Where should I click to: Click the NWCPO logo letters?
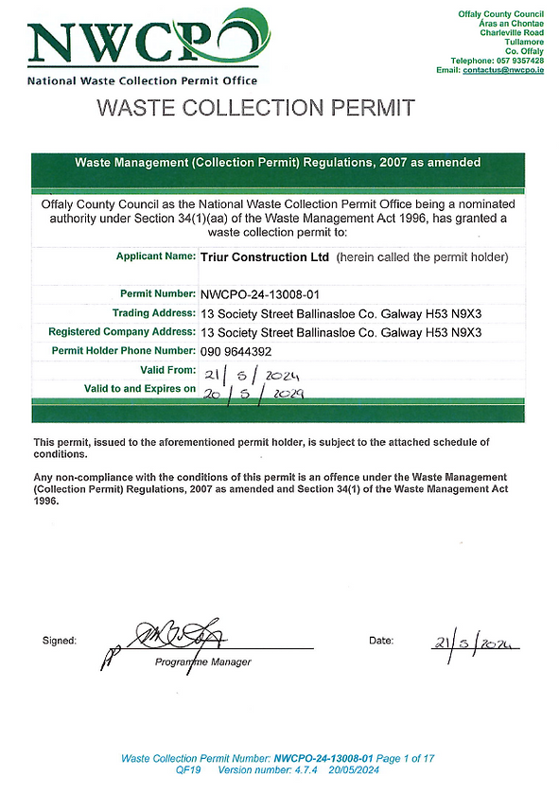point(142,44)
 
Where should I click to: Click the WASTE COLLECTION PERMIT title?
point(255,108)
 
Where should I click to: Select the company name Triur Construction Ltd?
point(265,256)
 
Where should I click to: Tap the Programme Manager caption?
point(202,662)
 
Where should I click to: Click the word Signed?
point(60,641)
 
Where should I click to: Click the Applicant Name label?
point(154,256)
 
